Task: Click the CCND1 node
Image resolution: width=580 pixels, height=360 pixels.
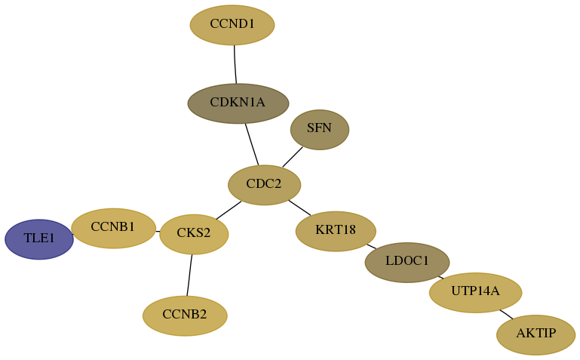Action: coord(232,25)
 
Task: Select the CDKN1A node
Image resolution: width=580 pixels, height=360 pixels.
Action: coord(238,103)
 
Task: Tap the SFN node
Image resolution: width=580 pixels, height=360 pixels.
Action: coord(320,130)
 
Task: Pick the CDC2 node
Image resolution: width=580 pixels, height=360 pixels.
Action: coord(265,185)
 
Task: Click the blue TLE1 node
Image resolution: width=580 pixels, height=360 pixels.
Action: coord(39,239)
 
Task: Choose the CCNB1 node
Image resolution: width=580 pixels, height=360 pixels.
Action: coord(114,228)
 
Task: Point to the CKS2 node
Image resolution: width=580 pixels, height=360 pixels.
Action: coord(194,234)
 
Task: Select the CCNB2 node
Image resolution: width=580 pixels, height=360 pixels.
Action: coord(185,315)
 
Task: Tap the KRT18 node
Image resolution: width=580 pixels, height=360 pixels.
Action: coord(336,231)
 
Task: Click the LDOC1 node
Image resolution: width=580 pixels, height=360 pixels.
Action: coord(407,263)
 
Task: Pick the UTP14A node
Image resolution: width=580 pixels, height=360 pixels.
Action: coord(476,293)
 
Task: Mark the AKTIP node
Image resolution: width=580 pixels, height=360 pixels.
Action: coord(536,335)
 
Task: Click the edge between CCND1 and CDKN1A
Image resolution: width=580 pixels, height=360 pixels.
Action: coord(235,64)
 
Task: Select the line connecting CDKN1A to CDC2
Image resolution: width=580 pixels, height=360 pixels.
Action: coord(252,144)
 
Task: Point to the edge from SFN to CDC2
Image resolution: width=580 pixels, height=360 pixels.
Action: coord(293,157)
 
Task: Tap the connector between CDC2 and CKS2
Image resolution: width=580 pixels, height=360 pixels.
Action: coord(229,211)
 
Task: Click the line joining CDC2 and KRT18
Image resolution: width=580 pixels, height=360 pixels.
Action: coord(299,208)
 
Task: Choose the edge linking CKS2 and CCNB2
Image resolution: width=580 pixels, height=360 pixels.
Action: coord(189,275)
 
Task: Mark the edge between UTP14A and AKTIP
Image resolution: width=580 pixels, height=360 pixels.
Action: coord(506,314)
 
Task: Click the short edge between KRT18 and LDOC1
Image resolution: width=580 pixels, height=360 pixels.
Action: coord(371,246)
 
